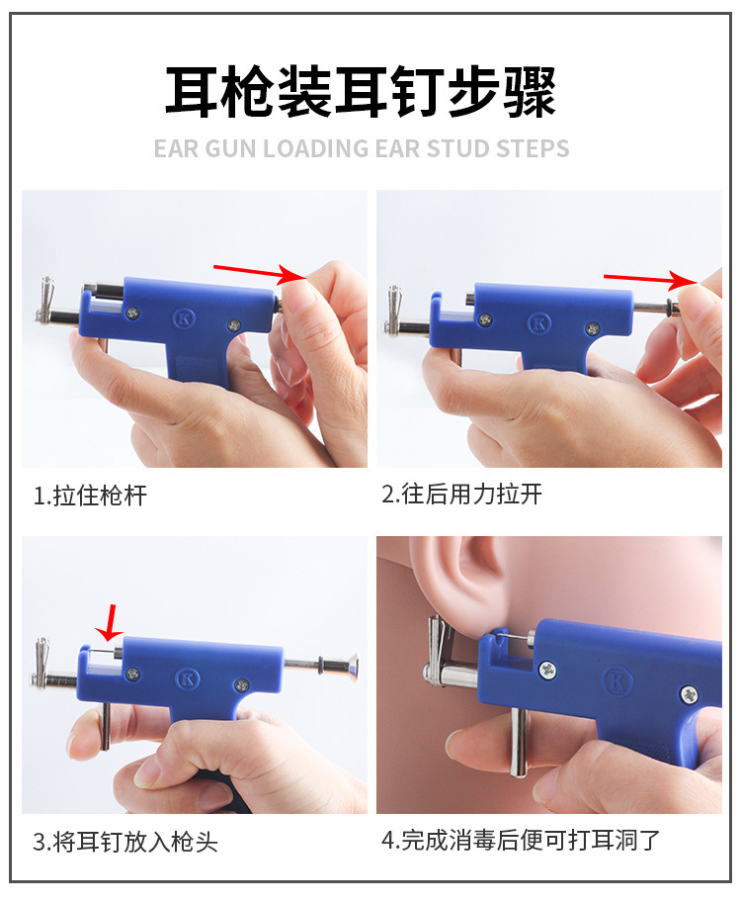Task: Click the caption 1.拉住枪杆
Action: pyautogui.click(x=90, y=496)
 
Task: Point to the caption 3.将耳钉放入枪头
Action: pyautogui.click(x=125, y=842)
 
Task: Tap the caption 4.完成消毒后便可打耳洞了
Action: pyautogui.click(x=521, y=841)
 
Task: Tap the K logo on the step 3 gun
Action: pyautogui.click(x=185, y=678)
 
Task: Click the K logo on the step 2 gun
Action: pyautogui.click(x=539, y=322)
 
